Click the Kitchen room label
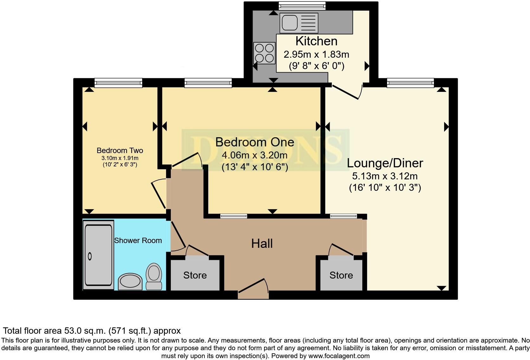316,41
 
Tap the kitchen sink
299,23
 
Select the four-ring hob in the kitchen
264,53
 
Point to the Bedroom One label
255,142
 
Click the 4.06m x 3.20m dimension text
255,155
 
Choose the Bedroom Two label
120,151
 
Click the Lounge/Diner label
385,163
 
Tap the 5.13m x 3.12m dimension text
385,176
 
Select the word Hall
262,243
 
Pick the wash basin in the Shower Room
130,281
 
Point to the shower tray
99,255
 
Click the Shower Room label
138,241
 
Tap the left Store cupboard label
195,275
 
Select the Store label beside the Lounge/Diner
341,275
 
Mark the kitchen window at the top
302,5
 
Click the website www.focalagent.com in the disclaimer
339,356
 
